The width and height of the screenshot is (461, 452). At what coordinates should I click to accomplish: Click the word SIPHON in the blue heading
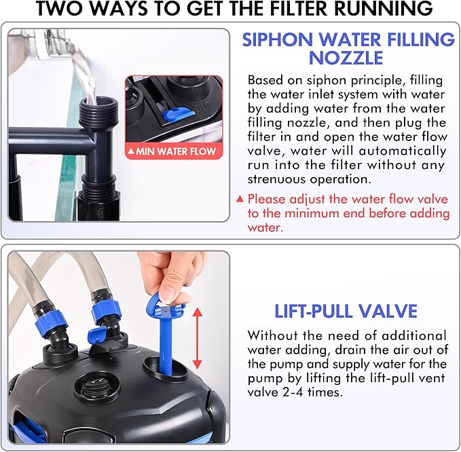(277, 39)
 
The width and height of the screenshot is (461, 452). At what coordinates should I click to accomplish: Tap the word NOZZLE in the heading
(346, 58)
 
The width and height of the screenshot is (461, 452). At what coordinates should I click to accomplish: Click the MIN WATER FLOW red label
(174, 151)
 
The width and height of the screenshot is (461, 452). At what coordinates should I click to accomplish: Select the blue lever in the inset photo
(177, 114)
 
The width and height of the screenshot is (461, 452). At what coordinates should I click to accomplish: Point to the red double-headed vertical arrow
(198, 338)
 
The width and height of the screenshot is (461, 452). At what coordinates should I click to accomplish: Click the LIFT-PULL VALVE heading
(346, 312)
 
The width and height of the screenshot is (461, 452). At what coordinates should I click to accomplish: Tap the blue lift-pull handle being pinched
(166, 332)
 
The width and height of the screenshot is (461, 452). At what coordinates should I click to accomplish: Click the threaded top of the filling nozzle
(98, 112)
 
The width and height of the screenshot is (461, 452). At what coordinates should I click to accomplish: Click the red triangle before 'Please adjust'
(240, 200)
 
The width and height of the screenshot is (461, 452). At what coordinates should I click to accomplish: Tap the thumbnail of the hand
(170, 294)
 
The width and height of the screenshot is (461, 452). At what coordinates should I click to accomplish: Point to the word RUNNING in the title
(384, 9)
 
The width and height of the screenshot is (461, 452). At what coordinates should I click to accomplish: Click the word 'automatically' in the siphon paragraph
(403, 151)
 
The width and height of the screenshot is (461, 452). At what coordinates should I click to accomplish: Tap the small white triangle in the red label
(131, 151)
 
